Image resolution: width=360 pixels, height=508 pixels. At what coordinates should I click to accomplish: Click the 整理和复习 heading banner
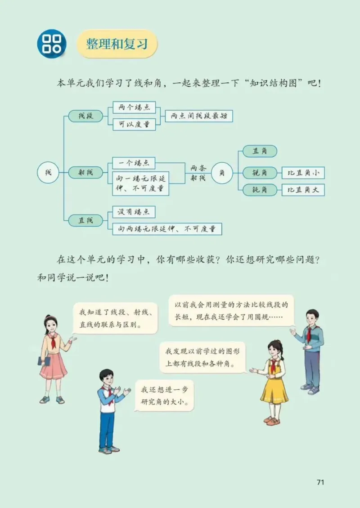tap(117, 44)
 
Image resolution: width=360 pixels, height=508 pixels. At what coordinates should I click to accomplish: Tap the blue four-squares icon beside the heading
tap(51, 44)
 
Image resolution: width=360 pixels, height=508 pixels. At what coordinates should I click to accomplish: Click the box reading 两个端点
tap(134, 108)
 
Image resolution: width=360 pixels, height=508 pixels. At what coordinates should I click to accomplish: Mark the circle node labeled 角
tap(221, 173)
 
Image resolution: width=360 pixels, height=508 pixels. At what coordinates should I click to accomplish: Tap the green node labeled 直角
tap(260, 152)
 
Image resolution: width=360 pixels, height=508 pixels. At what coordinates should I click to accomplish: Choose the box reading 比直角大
tap(303, 190)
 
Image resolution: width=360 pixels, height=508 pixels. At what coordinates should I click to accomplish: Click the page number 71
tap(320, 482)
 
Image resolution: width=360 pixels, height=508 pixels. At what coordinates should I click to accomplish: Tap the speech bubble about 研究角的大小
tap(165, 395)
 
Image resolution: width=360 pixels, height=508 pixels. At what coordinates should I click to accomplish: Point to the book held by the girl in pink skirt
tap(44, 361)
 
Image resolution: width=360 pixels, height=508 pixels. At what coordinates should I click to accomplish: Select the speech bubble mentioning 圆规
tap(231, 310)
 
